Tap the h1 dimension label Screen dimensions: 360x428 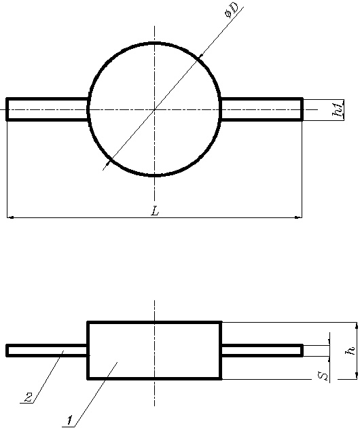(338, 109)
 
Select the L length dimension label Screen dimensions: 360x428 (155, 211)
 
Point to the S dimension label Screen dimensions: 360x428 (323, 376)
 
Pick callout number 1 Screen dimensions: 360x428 (70, 420)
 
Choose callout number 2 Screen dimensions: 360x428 (29, 397)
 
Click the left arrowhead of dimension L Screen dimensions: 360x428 (10, 217)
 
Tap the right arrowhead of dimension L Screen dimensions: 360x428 (298, 217)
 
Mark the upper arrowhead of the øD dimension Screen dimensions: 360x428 (201, 56)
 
